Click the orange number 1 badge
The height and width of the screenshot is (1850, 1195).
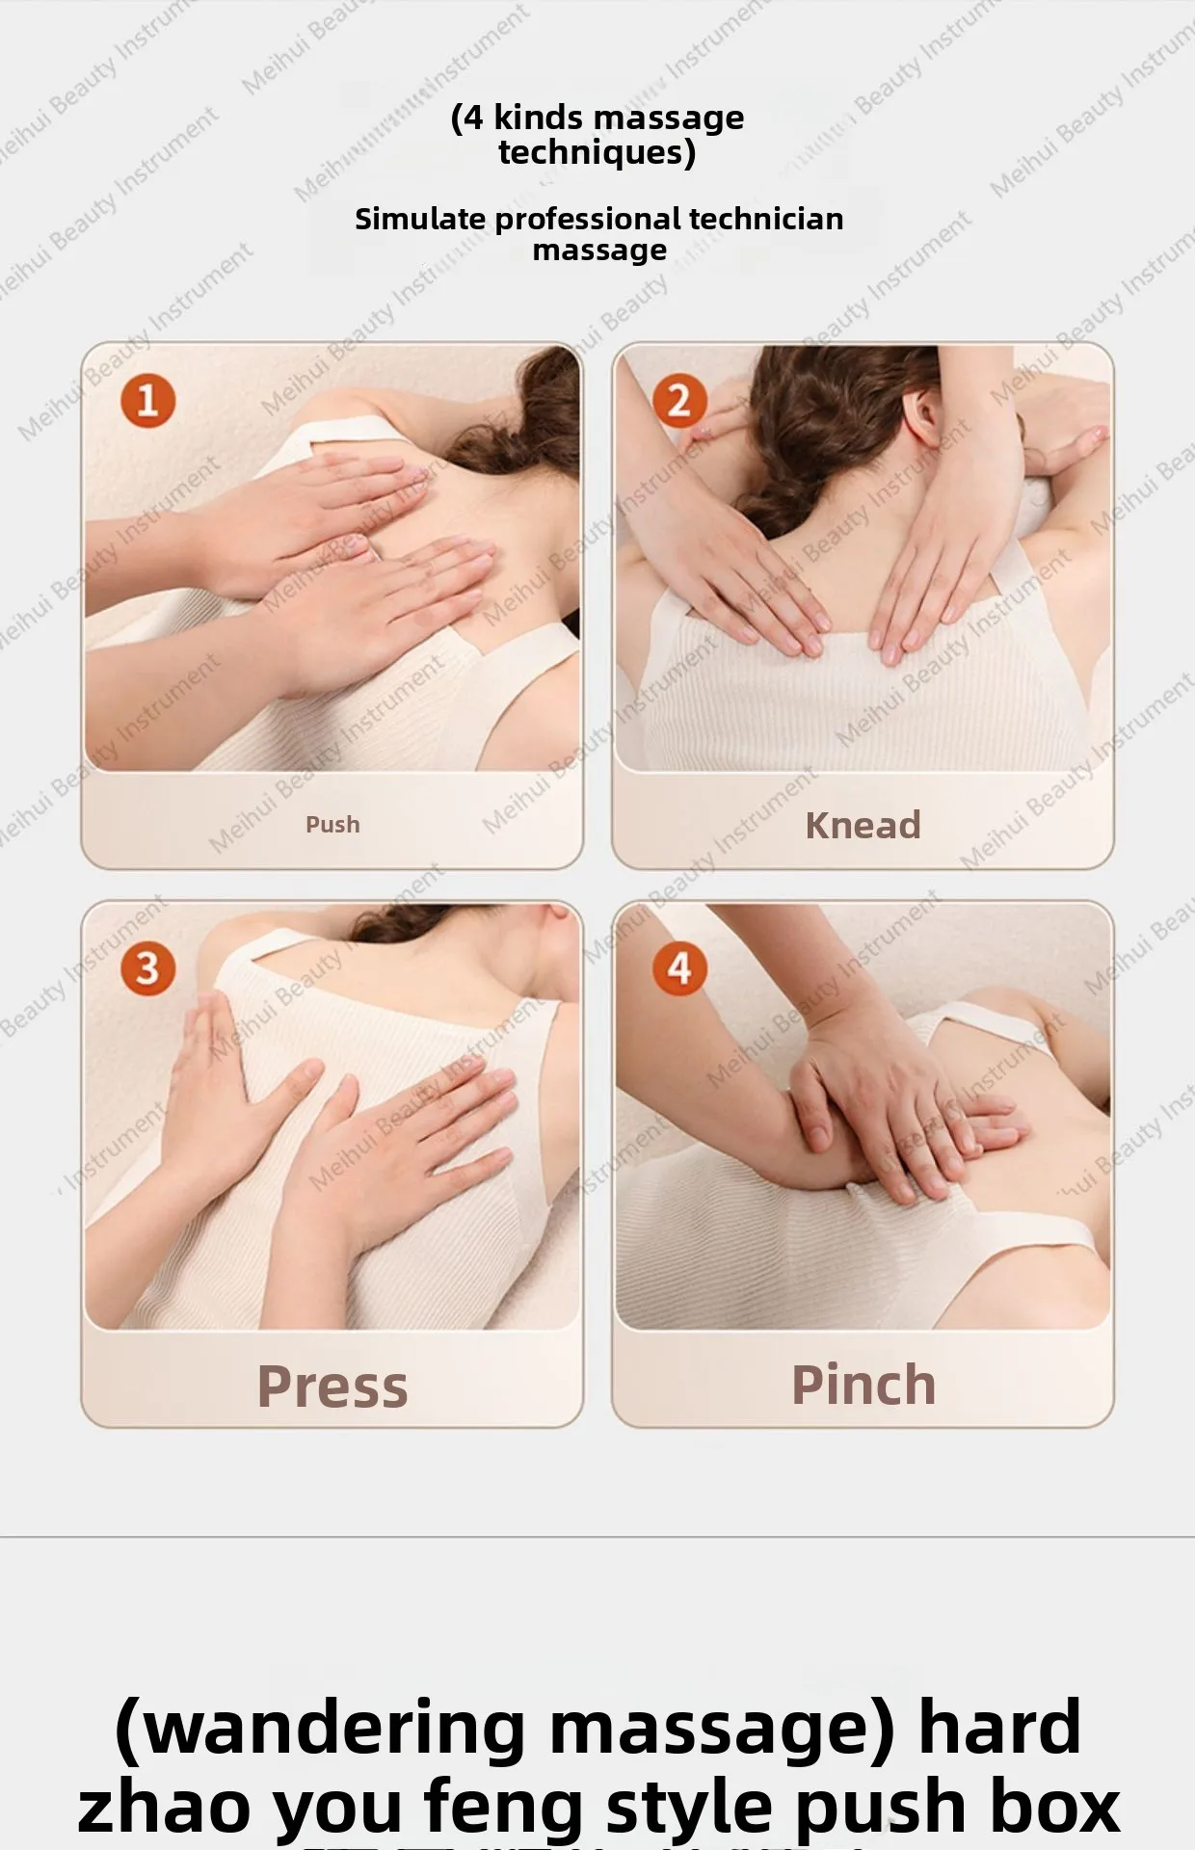coord(147,401)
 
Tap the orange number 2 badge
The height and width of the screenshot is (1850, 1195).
coord(679,401)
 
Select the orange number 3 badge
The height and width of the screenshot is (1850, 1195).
coord(147,968)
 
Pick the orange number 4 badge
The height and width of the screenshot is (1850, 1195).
coord(679,968)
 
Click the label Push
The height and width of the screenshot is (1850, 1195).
coord(332,825)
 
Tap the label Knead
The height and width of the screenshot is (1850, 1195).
coord(863,826)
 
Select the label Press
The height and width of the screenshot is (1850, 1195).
coord(332,1387)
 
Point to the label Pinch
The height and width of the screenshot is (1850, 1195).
coord(863,1386)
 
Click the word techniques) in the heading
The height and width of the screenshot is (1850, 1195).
coord(597,152)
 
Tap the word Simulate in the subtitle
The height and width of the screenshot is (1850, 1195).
coord(420,220)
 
